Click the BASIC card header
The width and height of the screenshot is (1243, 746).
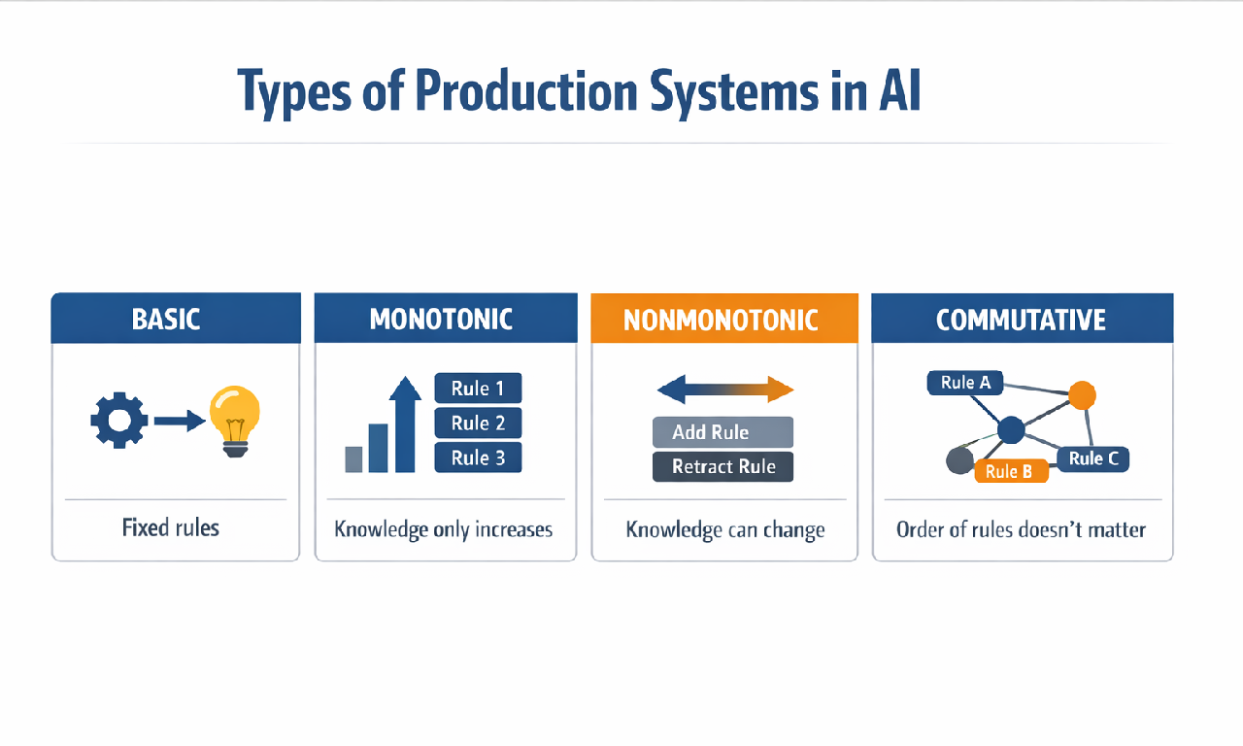176,319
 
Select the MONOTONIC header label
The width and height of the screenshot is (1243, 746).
441,319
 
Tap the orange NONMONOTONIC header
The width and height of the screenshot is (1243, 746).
724,320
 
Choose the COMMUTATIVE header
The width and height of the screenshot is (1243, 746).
1022,320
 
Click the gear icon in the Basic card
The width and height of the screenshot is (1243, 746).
118,421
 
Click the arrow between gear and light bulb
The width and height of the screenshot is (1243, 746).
179,421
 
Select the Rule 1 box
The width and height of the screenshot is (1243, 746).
478,389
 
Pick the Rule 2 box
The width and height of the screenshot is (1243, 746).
478,423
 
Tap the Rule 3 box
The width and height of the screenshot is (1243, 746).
478,458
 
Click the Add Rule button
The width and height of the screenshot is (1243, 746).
722,432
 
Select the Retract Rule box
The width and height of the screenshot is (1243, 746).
722,467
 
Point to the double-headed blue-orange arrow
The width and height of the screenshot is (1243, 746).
725,390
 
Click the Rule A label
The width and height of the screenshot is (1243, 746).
965,383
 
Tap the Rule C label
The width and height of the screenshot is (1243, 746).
1092,458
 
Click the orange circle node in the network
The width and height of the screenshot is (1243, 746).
1082,394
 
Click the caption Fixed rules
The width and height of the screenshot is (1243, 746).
171,528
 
